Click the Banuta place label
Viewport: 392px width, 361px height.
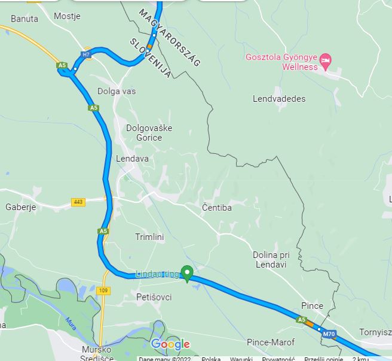24,19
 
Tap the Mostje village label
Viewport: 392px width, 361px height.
67,16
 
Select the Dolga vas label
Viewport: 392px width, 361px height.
117,92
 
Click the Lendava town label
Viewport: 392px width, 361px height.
131,159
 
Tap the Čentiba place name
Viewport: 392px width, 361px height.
216,208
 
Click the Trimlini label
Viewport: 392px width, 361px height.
149,237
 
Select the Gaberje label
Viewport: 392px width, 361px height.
21,207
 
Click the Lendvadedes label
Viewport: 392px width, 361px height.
279,99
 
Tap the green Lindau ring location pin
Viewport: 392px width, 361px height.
186,273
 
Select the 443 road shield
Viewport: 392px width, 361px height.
78,202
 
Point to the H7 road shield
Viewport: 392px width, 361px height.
87,54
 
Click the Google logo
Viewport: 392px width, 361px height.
170,344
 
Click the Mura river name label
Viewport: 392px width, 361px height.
71,323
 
